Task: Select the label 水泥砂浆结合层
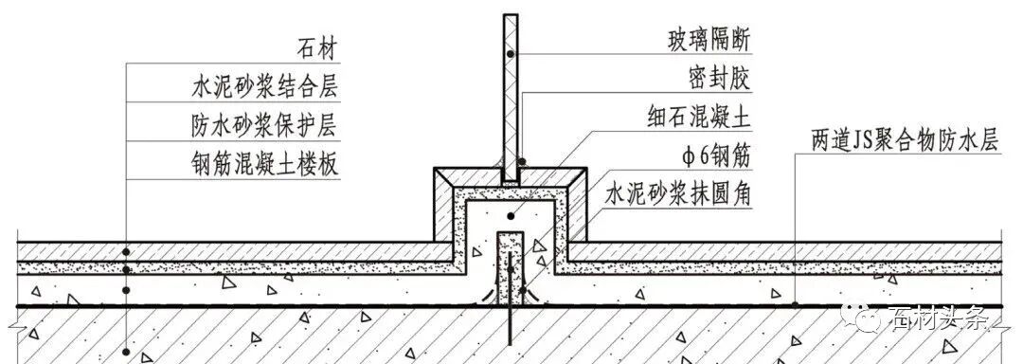[264, 87]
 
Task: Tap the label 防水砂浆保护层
[264, 125]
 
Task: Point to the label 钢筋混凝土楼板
[264, 164]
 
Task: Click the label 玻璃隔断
[710, 41]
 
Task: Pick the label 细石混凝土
[700, 117]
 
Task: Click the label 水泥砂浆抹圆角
[679, 194]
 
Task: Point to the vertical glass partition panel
[511, 95]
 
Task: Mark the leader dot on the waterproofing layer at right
[794, 304]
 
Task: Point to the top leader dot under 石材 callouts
[126, 250]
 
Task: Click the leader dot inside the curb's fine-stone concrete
[511, 216]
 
